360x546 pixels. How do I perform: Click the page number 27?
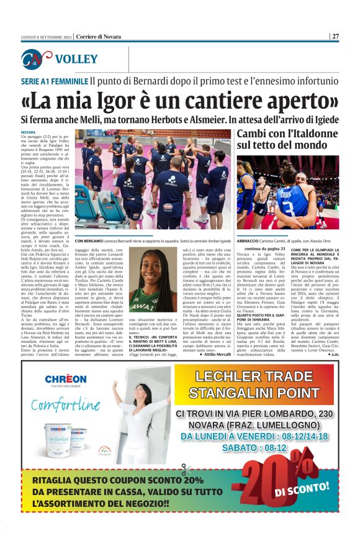pos(335,36)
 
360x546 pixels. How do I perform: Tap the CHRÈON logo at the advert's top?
pos(65,378)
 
